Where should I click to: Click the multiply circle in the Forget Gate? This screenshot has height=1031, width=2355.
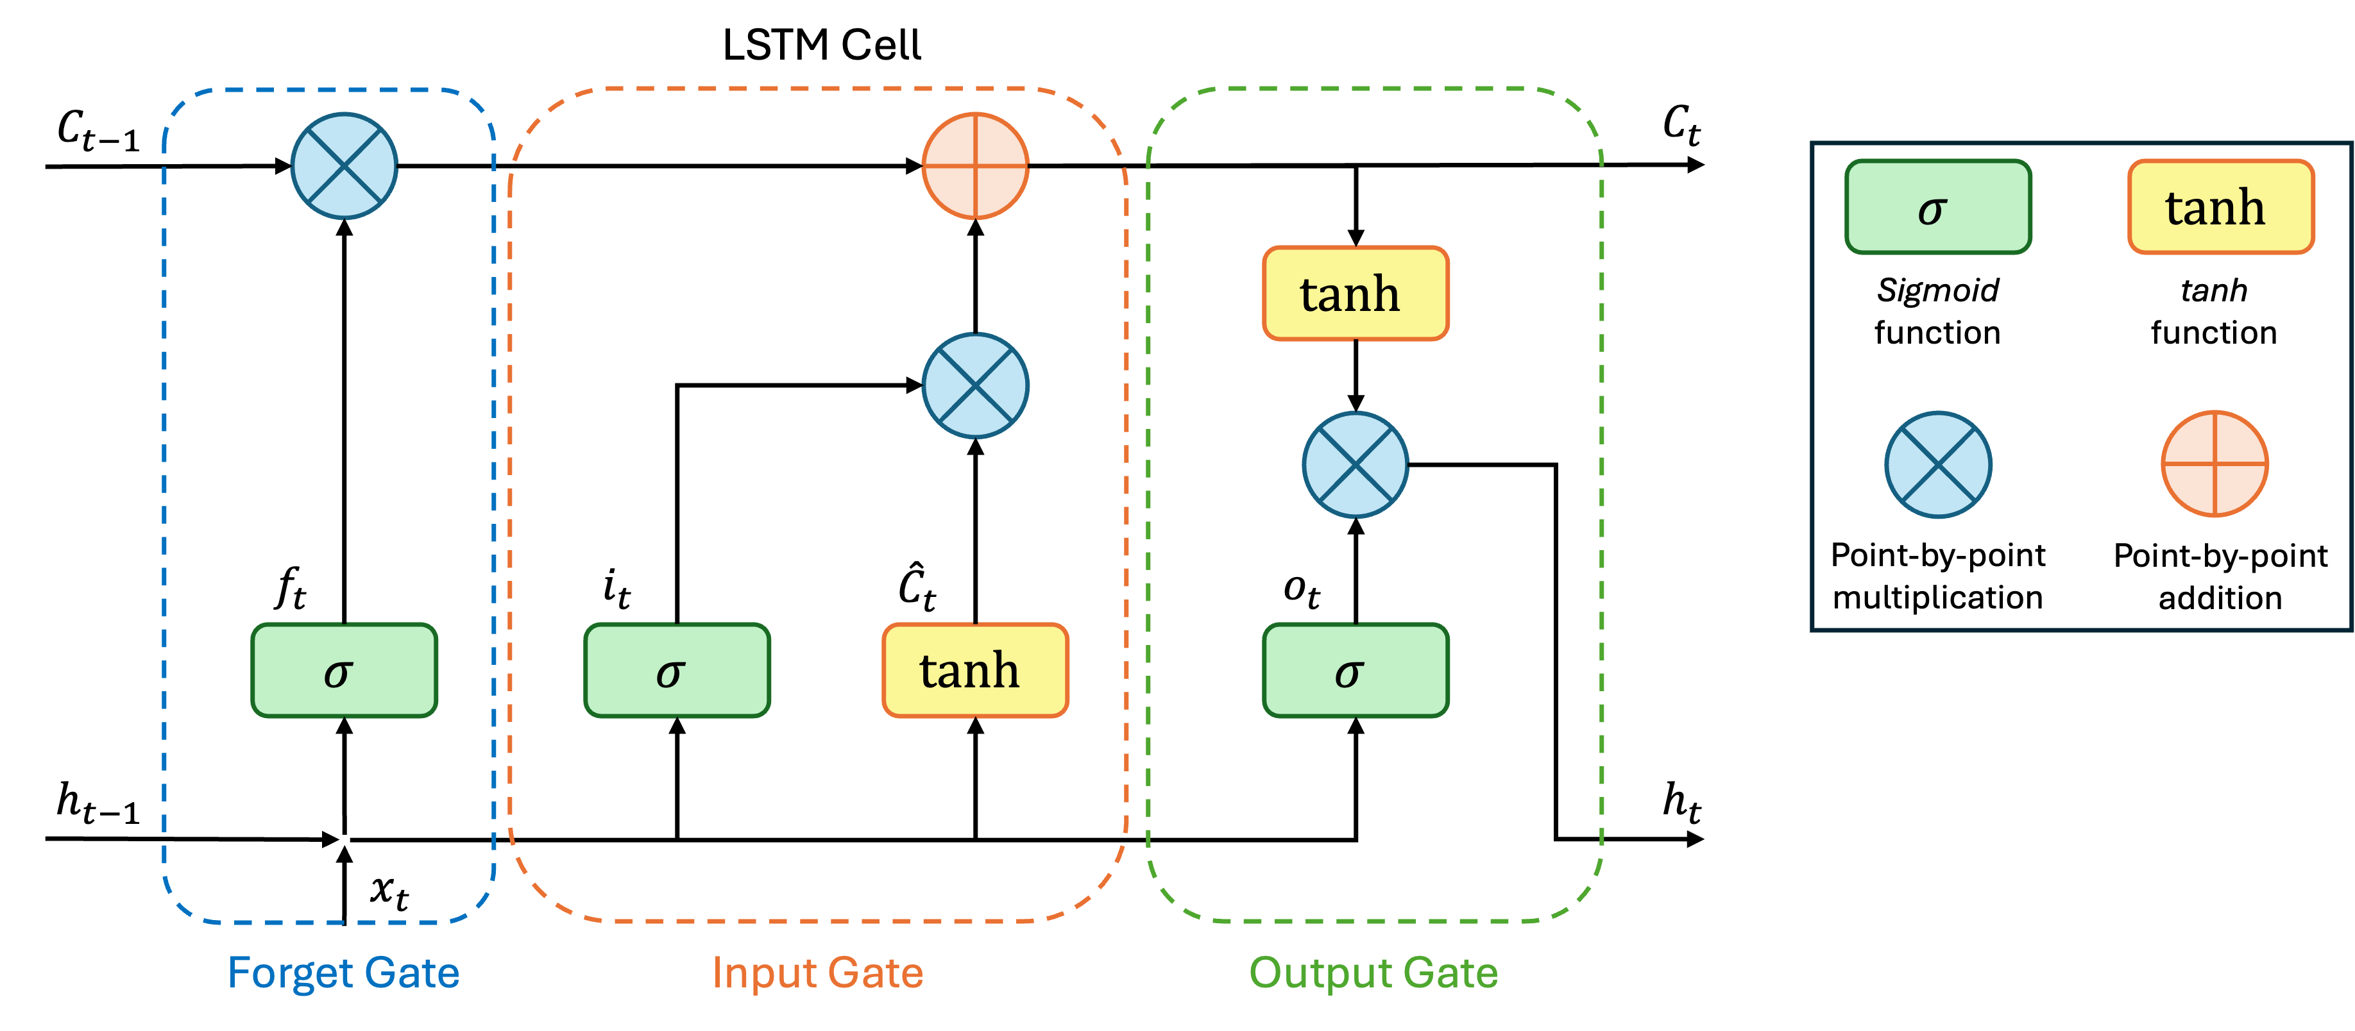tap(344, 166)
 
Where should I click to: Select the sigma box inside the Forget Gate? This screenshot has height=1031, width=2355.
tap(344, 671)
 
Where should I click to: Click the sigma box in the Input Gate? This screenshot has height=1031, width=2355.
tap(677, 671)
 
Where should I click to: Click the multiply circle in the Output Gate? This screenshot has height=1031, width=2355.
tap(1356, 464)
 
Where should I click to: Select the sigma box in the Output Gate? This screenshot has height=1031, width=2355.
tap(1356, 671)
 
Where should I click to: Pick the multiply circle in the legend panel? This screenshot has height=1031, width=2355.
tap(1938, 464)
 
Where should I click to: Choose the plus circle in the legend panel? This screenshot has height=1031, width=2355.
tap(2215, 464)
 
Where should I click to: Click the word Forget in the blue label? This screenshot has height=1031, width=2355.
tap(288, 973)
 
